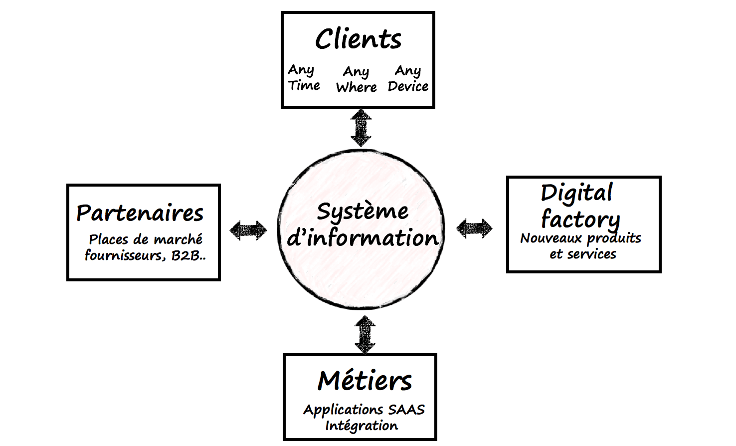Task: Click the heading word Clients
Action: tap(358, 39)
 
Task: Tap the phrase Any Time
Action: tap(303, 78)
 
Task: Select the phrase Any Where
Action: tap(356, 79)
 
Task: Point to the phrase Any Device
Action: tap(408, 79)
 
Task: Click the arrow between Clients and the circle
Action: tap(361, 128)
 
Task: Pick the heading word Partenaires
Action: tap(140, 214)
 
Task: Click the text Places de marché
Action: tap(146, 239)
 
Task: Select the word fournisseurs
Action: tap(125, 256)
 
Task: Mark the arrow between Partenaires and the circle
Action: tap(248, 230)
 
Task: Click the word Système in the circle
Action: tap(363, 212)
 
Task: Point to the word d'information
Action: tap(363, 238)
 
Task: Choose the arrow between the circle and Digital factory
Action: tap(474, 228)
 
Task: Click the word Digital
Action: tap(576, 193)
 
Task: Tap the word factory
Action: tap(580, 219)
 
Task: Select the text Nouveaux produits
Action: tap(580, 238)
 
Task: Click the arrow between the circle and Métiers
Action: tap(365, 334)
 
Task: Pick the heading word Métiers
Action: tap(365, 381)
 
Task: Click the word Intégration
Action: tap(362, 426)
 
